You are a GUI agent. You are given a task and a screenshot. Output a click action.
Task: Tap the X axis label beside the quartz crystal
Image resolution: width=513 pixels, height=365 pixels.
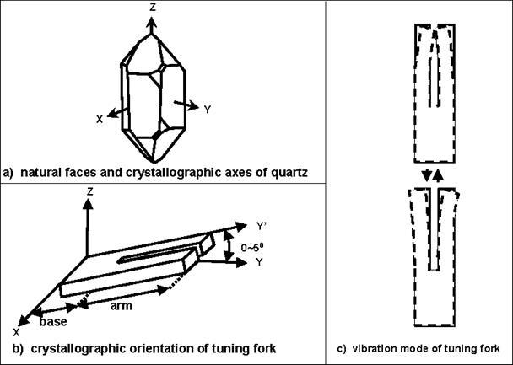click(x=99, y=119)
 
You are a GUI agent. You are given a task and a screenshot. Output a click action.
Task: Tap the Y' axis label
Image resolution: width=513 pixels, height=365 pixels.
click(x=261, y=225)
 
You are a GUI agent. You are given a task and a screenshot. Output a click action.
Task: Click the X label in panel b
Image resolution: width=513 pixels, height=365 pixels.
click(x=17, y=333)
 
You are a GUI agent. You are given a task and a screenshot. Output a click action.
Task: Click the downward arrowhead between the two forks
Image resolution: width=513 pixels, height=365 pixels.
click(x=428, y=175)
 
